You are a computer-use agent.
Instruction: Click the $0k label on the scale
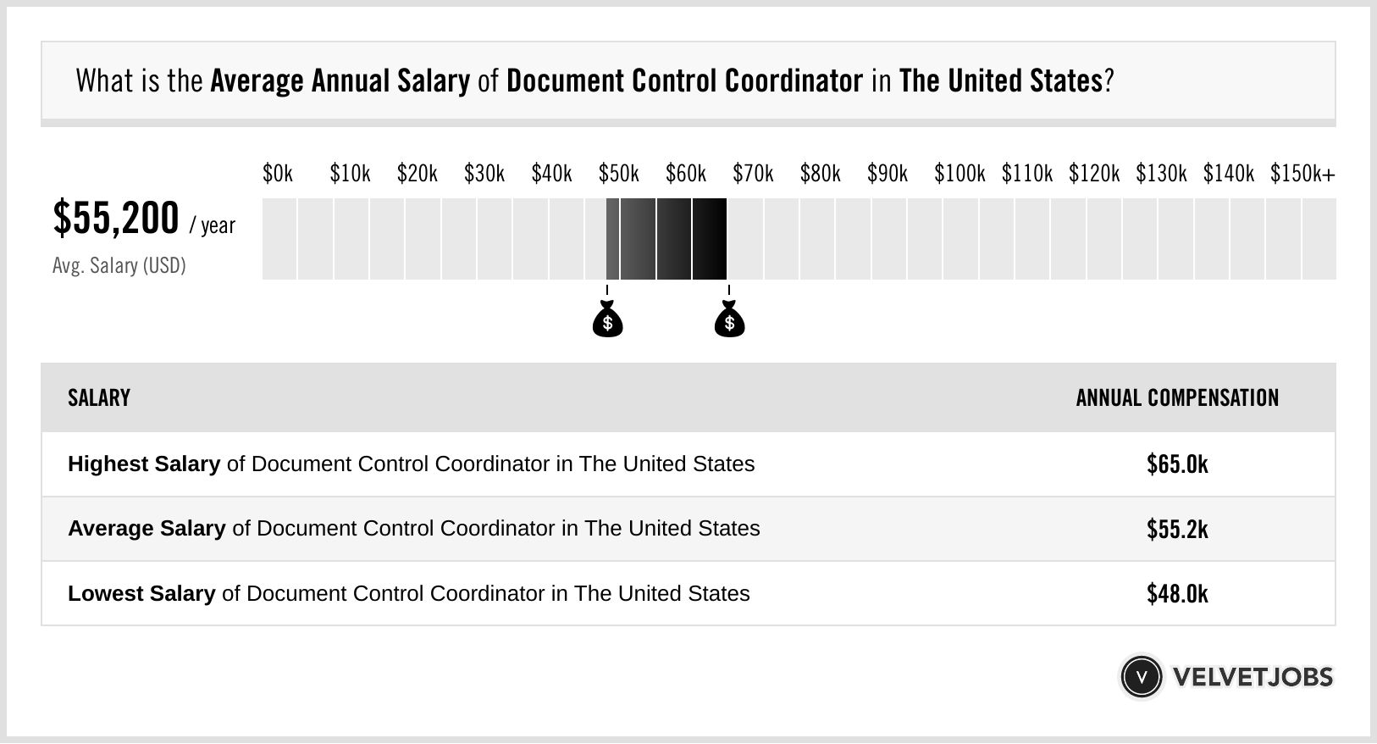coord(278,174)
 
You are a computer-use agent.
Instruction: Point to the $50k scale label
coord(618,174)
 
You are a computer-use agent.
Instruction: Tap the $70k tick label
coord(753,174)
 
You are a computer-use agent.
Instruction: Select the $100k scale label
coord(959,174)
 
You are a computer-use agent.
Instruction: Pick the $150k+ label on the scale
coord(1302,174)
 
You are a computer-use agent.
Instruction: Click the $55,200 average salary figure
coord(116,218)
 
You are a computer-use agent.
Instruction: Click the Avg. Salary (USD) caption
coord(119,265)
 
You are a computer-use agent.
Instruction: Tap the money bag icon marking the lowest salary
coord(607,319)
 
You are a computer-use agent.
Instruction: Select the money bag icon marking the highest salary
coord(729,319)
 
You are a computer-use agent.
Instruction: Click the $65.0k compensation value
coord(1177,464)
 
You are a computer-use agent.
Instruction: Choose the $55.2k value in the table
coord(1177,529)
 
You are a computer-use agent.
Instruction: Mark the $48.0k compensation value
coord(1177,593)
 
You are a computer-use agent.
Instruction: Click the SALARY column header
coord(99,397)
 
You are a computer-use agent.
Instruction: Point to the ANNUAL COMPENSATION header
coord(1177,397)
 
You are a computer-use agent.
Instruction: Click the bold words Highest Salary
coord(144,464)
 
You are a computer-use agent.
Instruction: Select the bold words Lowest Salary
coord(141,593)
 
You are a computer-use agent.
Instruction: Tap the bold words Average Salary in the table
coord(147,529)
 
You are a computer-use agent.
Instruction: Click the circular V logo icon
coord(1141,676)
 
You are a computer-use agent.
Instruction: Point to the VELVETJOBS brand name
coord(1253,677)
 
